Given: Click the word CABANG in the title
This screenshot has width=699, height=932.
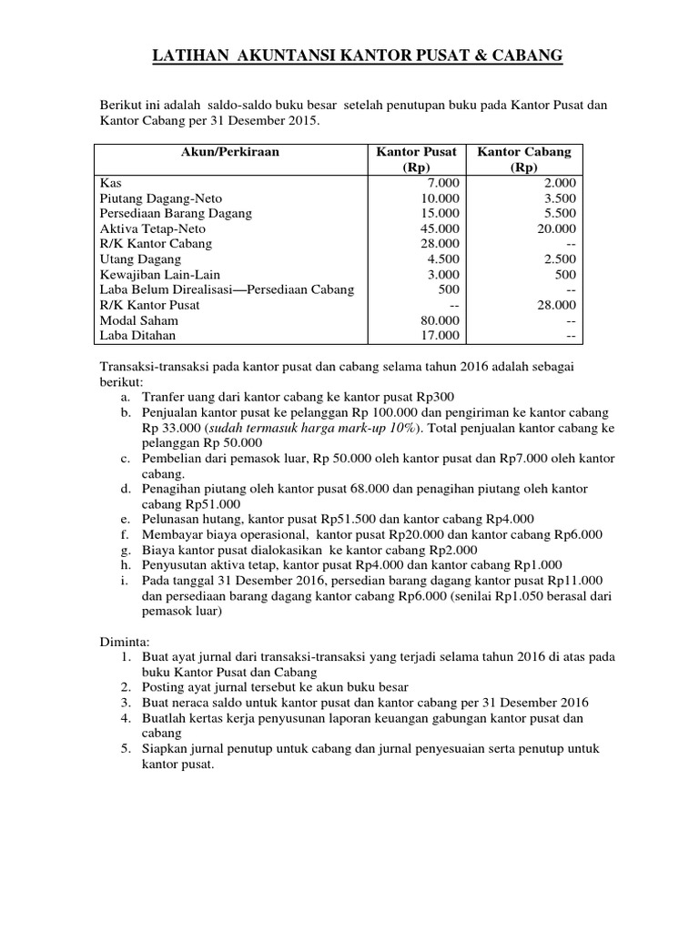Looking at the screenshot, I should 529,58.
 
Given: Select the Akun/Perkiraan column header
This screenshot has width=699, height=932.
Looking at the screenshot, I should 231,152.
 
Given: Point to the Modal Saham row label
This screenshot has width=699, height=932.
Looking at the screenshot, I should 138,320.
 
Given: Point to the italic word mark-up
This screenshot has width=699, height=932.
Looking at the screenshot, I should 370,428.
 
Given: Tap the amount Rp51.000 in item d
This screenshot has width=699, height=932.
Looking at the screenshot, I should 214,504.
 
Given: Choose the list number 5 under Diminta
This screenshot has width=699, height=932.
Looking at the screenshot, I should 125,749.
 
